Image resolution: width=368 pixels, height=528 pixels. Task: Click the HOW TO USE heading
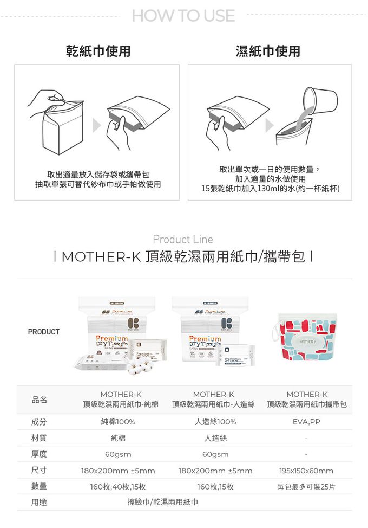[x=183, y=16]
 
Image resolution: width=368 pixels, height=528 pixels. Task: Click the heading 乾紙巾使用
[x=98, y=51]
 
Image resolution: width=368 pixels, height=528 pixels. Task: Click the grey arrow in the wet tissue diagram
[x=270, y=126]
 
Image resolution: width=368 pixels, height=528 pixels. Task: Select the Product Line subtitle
[x=183, y=239]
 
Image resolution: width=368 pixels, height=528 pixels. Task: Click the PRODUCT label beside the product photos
[x=43, y=332]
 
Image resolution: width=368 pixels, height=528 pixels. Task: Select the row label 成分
[x=39, y=422]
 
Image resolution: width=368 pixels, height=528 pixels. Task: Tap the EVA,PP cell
[x=307, y=422]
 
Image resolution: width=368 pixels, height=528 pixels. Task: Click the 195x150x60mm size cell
[x=306, y=471]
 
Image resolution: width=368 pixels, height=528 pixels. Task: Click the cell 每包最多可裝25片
[x=306, y=487]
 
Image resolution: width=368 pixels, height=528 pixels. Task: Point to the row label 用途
[x=39, y=503]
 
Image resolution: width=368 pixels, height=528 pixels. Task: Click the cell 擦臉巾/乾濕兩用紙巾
[x=162, y=503]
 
